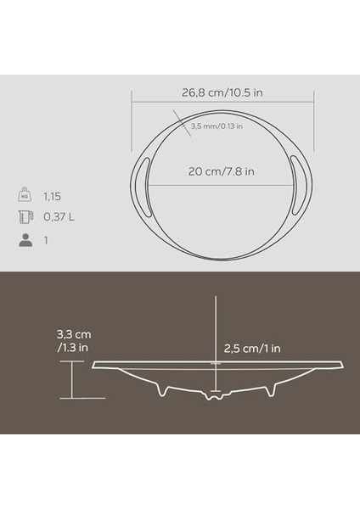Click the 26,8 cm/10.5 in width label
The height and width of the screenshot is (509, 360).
[220, 83]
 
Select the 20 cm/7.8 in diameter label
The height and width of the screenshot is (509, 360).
[219, 169]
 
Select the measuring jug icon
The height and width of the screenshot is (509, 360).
[25, 216]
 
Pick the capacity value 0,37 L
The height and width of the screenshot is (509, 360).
[59, 216]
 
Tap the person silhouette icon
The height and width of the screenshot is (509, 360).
[25, 239]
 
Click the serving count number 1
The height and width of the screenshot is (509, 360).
[46, 239]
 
